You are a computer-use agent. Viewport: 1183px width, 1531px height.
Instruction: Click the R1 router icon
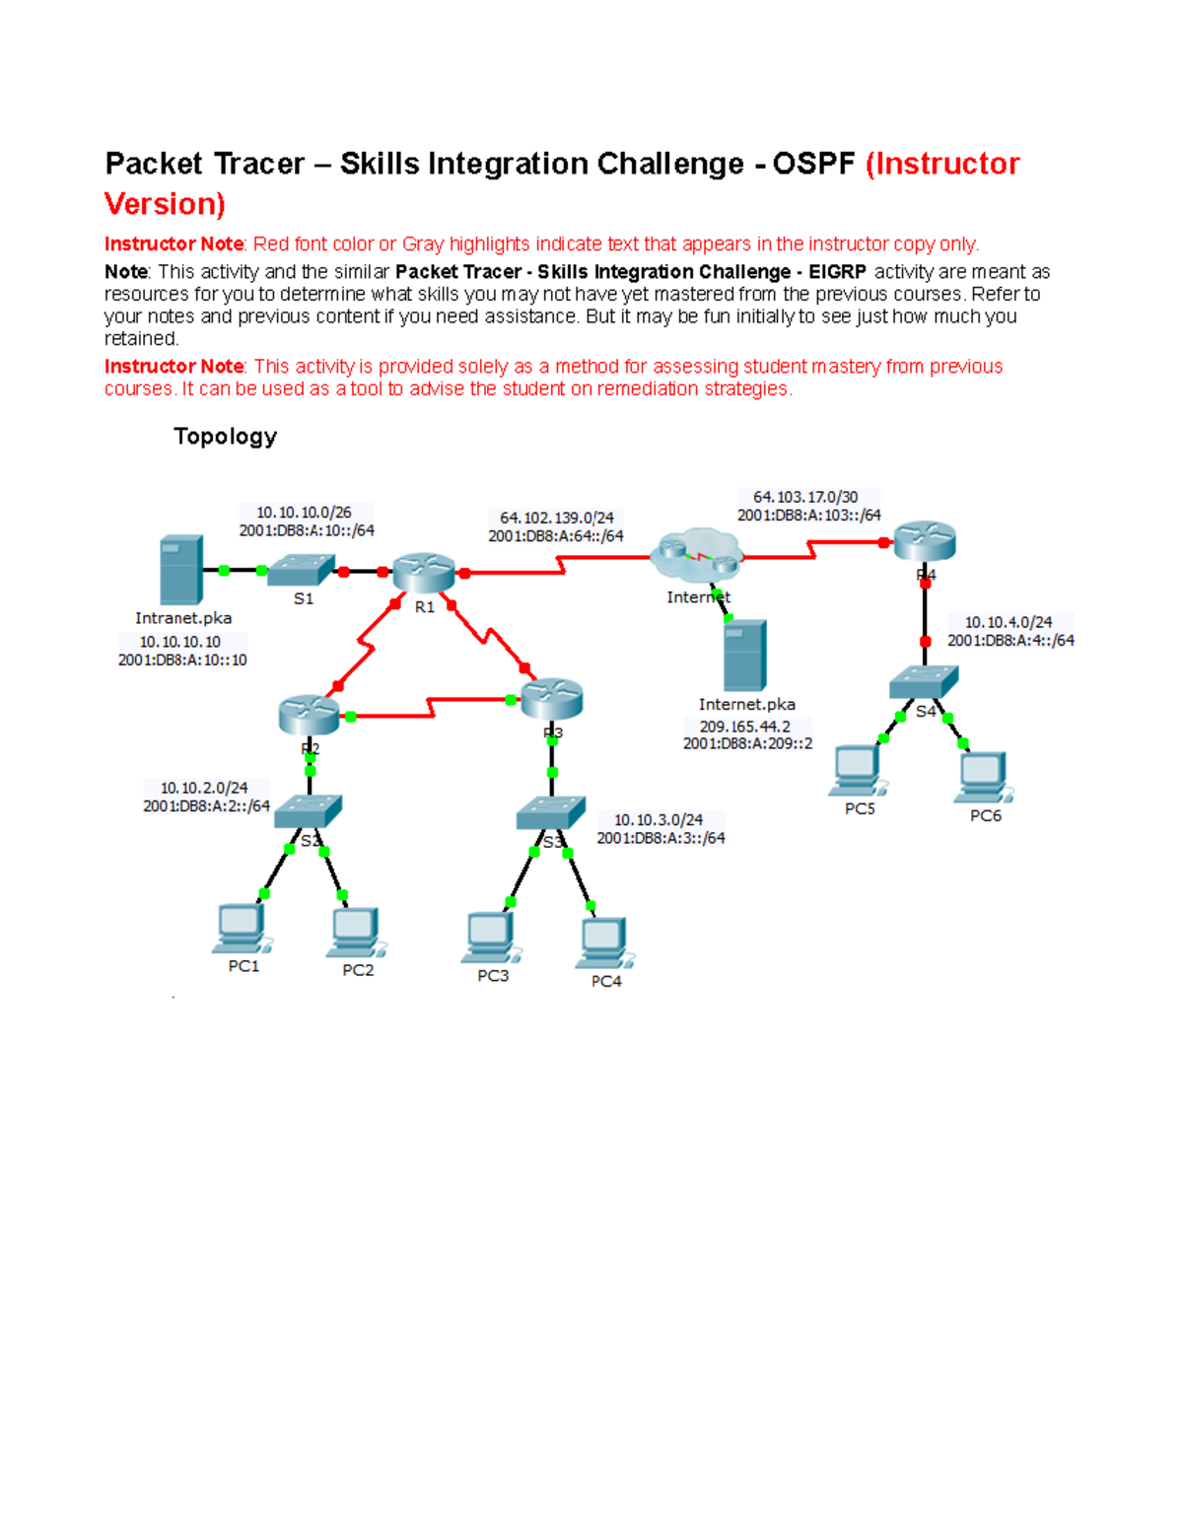pyautogui.click(x=424, y=572)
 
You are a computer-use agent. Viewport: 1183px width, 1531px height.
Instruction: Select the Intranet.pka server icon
pyautogui.click(x=181, y=570)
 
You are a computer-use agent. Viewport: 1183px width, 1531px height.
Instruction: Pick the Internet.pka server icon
pyautogui.click(x=744, y=656)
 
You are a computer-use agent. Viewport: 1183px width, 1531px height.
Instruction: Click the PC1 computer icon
pyautogui.click(x=241, y=929)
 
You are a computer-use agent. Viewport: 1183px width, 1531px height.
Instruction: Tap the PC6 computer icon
pyautogui.click(x=983, y=778)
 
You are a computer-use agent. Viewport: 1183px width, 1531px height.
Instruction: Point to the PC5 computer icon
pyautogui.click(x=858, y=770)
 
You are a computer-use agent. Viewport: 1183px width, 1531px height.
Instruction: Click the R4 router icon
pyautogui.click(x=925, y=541)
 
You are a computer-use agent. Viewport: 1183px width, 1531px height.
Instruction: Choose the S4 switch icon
pyautogui.click(x=924, y=681)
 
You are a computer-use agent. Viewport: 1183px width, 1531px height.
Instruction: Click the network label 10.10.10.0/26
pyautogui.click(x=304, y=513)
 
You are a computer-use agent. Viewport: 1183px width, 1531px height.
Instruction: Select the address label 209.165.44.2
pyautogui.click(x=745, y=727)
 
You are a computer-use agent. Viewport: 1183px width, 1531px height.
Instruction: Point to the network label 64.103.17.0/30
pyautogui.click(x=805, y=497)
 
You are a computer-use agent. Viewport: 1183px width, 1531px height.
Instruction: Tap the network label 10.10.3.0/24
pyautogui.click(x=659, y=820)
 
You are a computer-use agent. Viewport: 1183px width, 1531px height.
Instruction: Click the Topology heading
pyautogui.click(x=225, y=437)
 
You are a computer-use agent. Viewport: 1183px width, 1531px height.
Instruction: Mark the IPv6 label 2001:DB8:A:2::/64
pyautogui.click(x=206, y=806)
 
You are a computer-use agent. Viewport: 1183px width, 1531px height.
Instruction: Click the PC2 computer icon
pyautogui.click(x=355, y=933)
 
